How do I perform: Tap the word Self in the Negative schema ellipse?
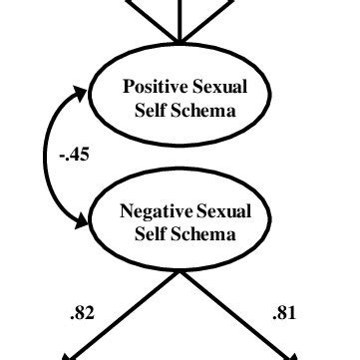click(150, 234)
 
